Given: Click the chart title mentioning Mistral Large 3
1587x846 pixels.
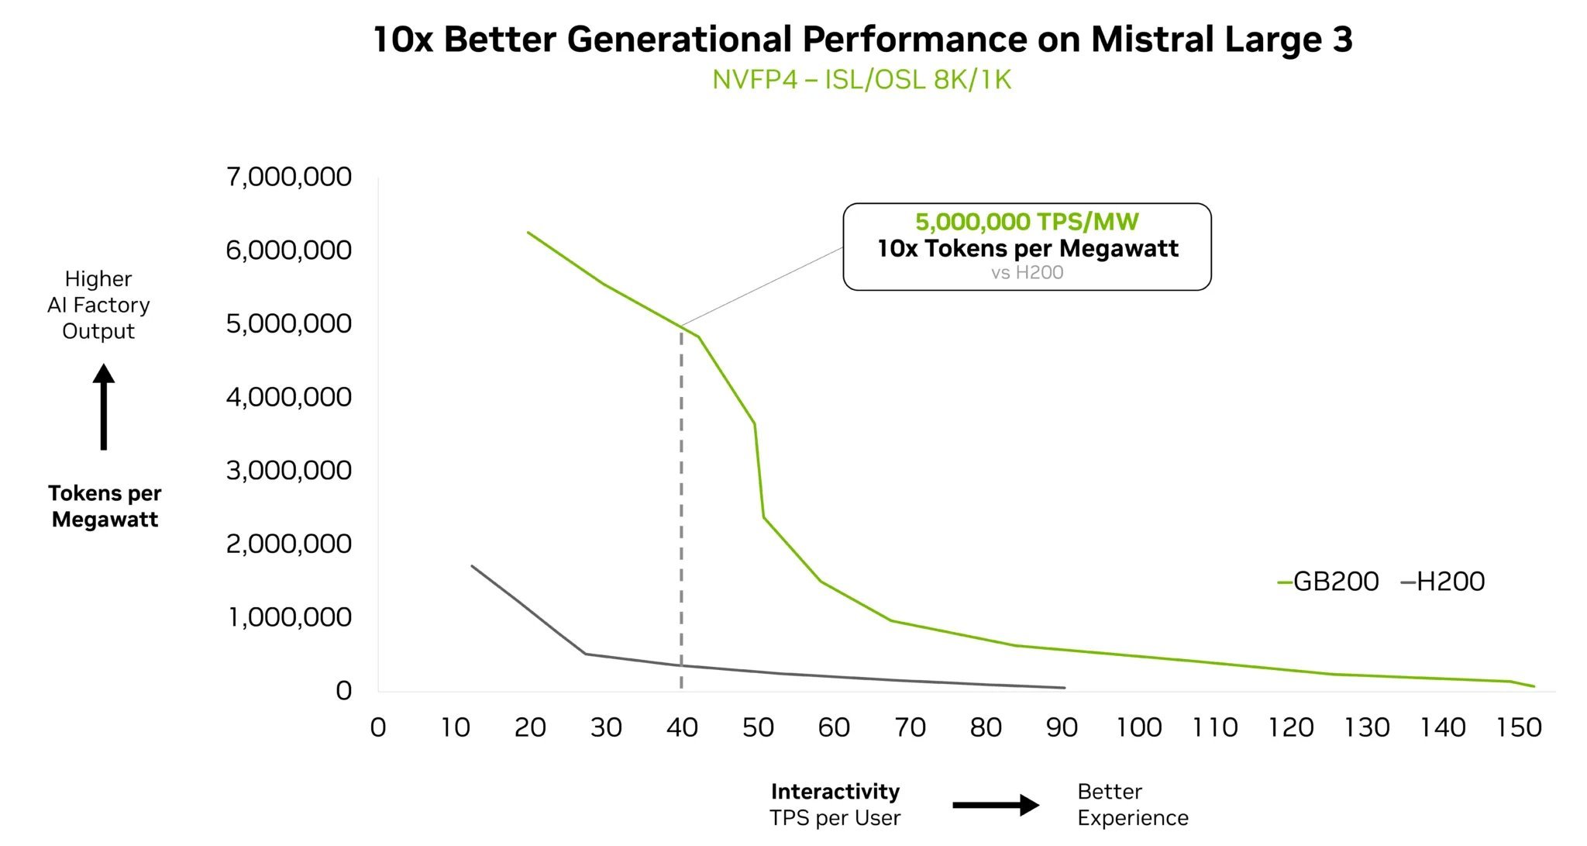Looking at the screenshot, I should (862, 40).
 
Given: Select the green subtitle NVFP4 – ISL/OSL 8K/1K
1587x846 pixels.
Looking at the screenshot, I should (862, 80).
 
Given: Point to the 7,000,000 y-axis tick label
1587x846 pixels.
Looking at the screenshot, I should (288, 177).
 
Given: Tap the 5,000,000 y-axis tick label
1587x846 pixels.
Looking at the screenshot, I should (288, 323).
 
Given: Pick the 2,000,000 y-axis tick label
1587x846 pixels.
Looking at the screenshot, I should (288, 544).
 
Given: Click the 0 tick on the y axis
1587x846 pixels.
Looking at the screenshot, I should (343, 690).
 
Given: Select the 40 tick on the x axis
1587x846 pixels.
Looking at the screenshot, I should (682, 727).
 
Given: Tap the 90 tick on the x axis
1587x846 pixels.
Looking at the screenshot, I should (1062, 727).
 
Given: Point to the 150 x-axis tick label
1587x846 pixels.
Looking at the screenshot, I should (1519, 727).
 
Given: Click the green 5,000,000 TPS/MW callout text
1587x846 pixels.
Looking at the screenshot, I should (1027, 222).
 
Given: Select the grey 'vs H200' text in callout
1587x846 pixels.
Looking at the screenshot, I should (1027, 273).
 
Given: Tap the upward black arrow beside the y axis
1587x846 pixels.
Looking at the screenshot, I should (104, 407).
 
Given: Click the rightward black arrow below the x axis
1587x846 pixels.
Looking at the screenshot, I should (996, 805).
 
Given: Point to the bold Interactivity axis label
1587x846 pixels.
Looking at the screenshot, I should (835, 792).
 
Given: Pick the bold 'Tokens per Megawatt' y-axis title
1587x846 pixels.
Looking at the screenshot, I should (105, 506).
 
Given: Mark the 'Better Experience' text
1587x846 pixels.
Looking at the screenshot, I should (1132, 805).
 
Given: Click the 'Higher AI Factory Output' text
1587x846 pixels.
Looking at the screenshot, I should (98, 305).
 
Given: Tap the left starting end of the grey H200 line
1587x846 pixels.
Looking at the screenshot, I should (472, 566).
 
